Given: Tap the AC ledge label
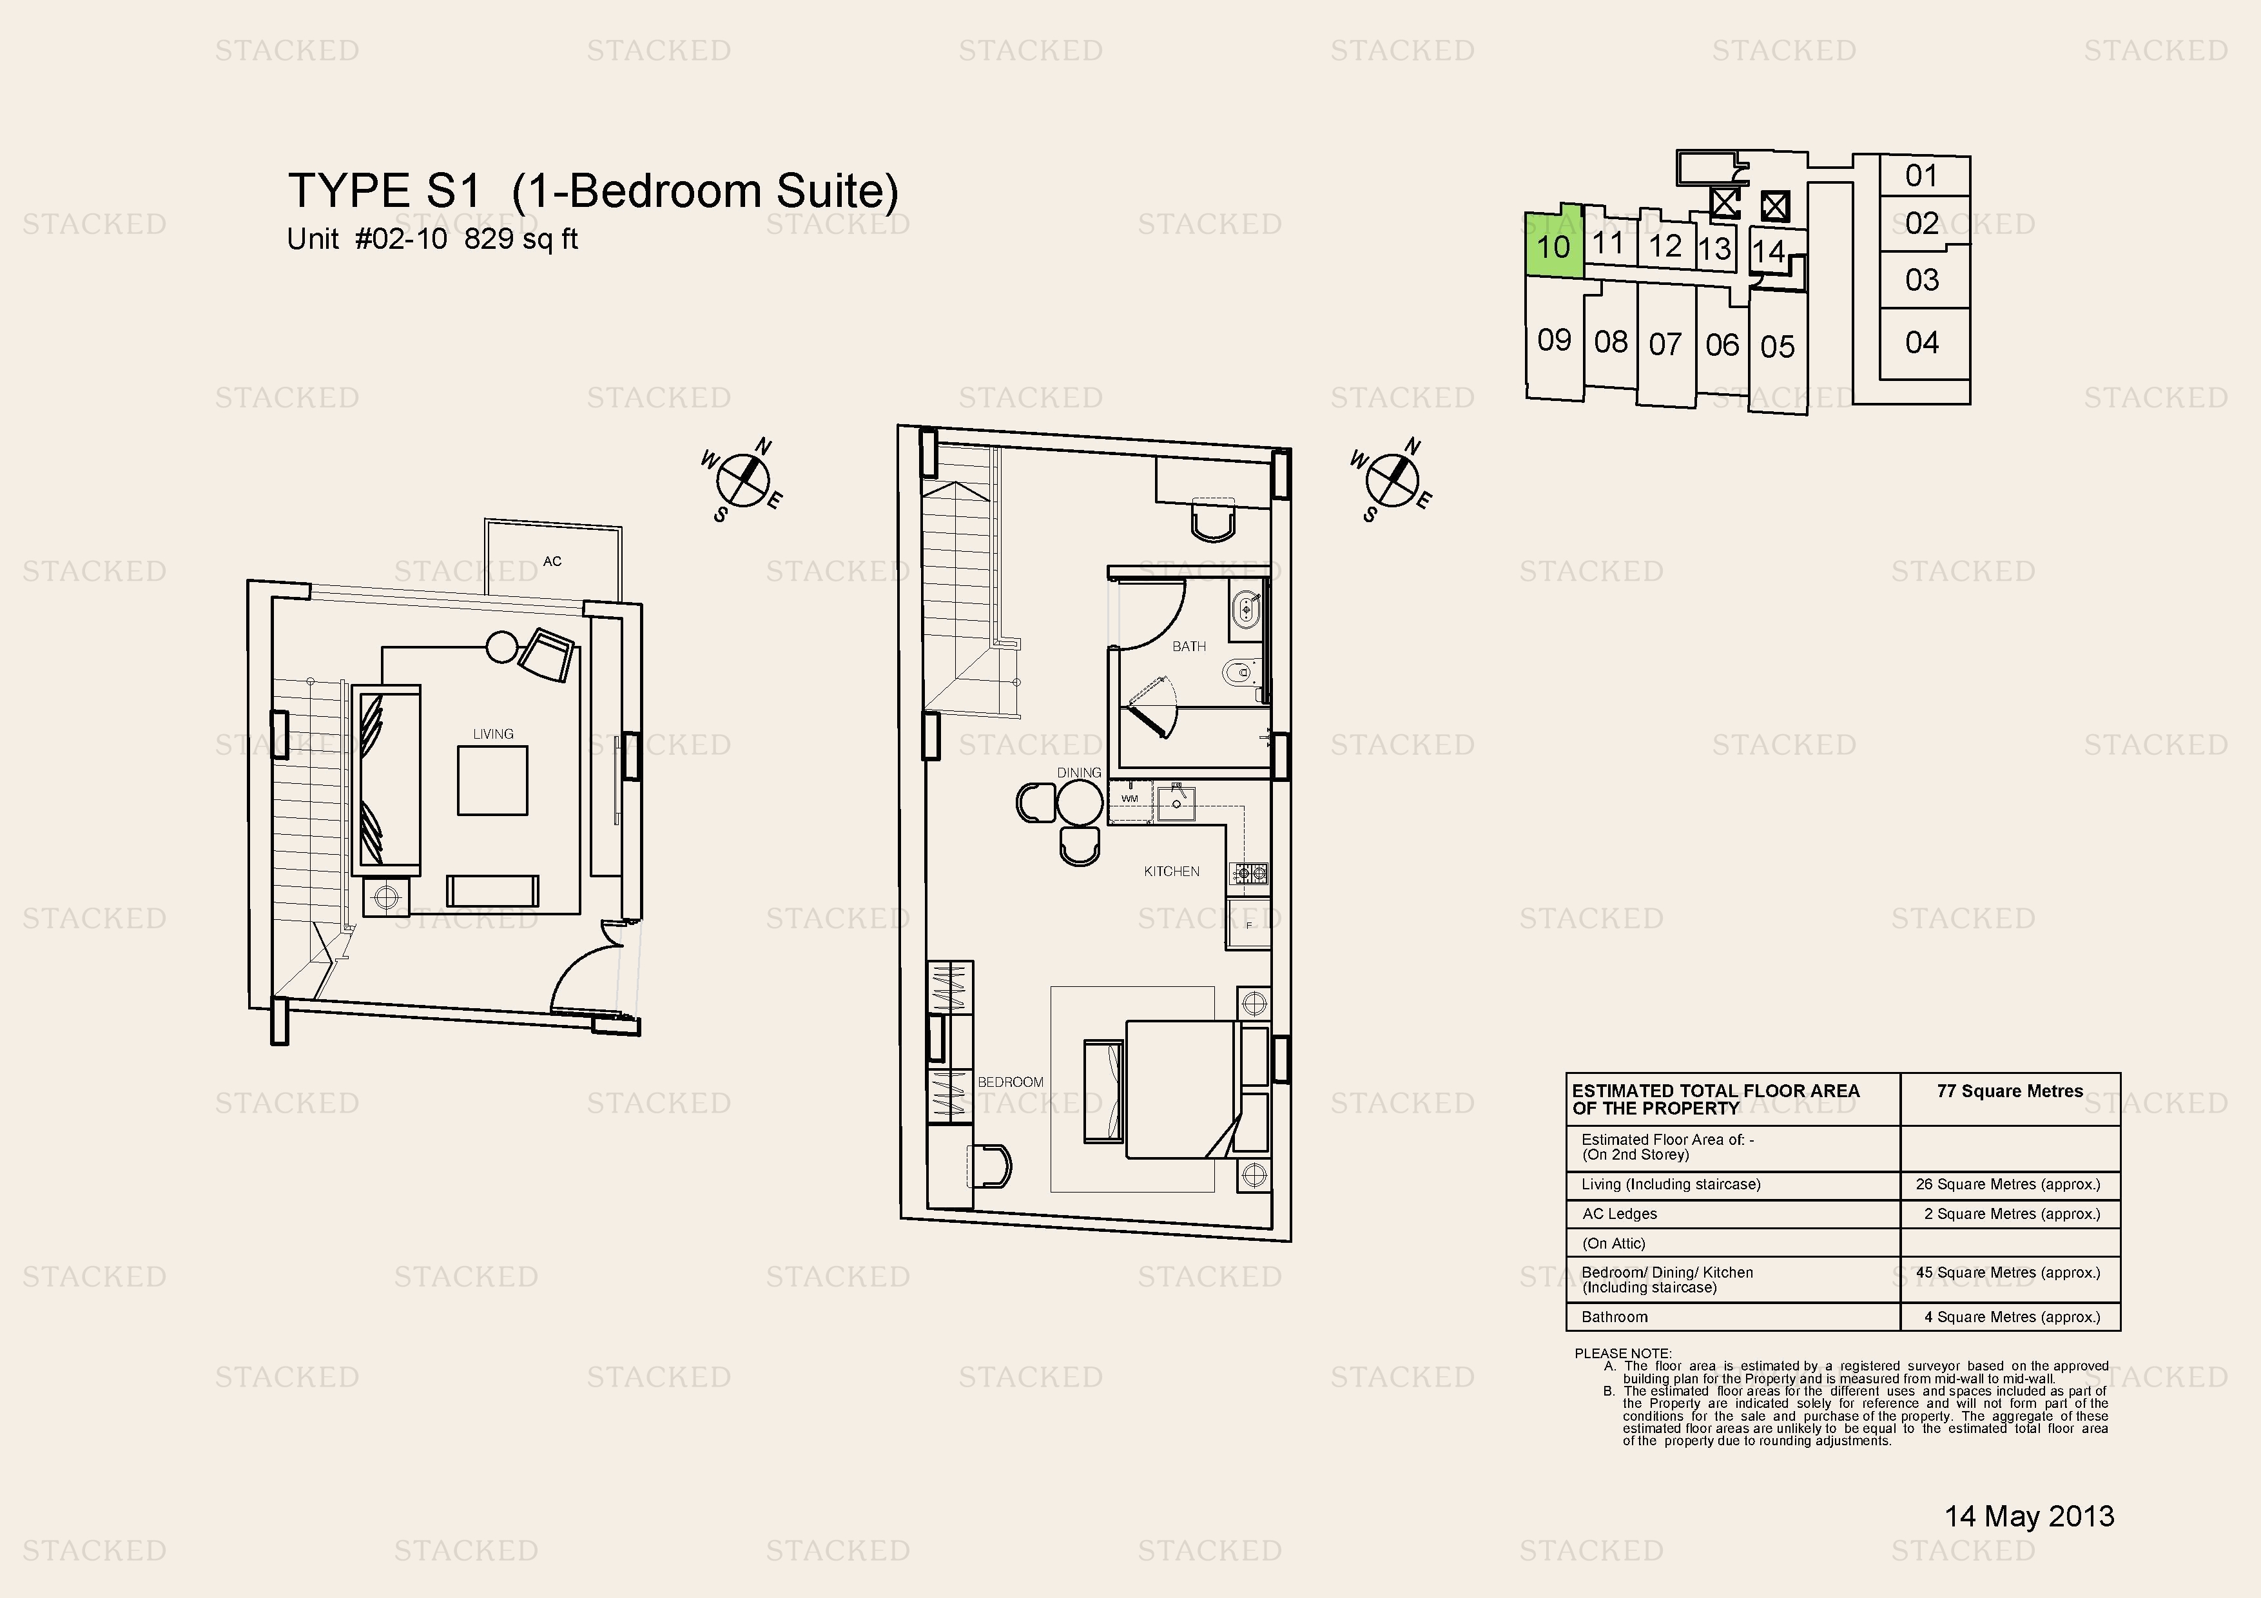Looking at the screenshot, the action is coord(552,561).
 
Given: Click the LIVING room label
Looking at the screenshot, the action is coord(492,734).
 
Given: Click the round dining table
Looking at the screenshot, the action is coord(1080,803).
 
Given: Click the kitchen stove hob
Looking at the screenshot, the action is coord(1248,872).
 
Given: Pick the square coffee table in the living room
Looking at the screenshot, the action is coord(492,780).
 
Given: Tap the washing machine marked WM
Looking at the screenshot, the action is coord(1129,799).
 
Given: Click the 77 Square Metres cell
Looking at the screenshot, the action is coord(2010,1091).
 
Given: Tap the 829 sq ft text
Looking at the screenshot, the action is coord(521,239).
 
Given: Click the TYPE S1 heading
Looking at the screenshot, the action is coord(384,191).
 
